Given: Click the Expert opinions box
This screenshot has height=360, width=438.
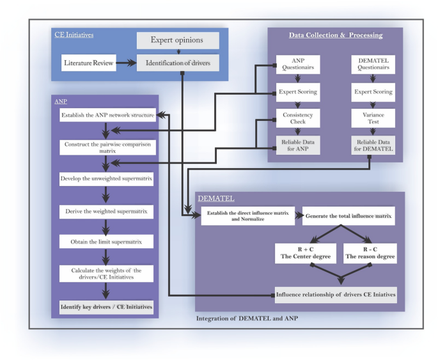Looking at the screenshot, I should point(178,41).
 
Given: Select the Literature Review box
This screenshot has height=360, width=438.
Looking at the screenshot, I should point(87,63).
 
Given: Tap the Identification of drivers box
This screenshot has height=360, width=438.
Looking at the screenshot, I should point(178,63).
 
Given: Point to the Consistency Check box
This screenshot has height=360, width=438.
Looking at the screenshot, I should point(297,118).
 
